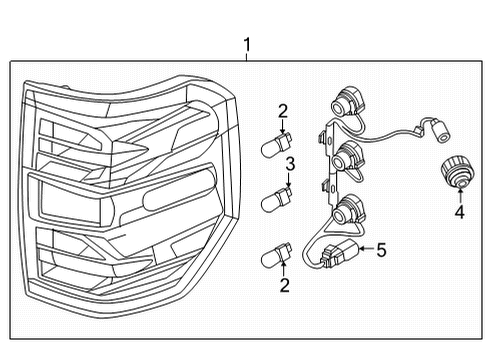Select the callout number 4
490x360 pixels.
point(459,212)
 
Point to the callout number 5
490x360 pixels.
point(380,251)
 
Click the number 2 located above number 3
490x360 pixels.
point(283,111)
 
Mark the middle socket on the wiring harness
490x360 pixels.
point(346,157)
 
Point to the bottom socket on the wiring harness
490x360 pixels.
point(346,211)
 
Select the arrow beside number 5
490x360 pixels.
point(364,251)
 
